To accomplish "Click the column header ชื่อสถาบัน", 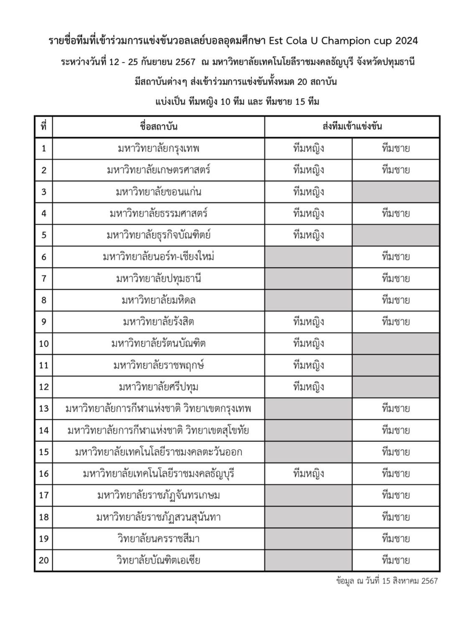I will [x=158, y=126].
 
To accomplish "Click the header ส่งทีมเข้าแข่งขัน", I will [x=352, y=126].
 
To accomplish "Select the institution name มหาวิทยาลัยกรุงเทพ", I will [x=158, y=148].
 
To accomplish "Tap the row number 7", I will [x=43, y=278].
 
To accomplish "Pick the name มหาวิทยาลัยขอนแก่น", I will [x=158, y=192].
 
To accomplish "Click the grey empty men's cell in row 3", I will [x=395, y=192].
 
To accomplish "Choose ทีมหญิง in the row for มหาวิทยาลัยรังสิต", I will [x=308, y=322].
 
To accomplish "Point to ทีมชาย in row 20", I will [x=395, y=560].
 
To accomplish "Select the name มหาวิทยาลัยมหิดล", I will [x=158, y=300].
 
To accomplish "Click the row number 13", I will [x=43, y=408].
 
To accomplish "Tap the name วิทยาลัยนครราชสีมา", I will [x=158, y=538].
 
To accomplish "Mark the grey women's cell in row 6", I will [x=308, y=257].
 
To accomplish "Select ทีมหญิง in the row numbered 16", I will [x=308, y=474].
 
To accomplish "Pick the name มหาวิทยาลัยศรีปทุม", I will [x=158, y=387].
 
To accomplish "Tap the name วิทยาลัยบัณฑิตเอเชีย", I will [x=158, y=560].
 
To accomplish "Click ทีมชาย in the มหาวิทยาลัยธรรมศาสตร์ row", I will [x=395, y=214].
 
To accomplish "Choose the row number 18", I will [x=43, y=517].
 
